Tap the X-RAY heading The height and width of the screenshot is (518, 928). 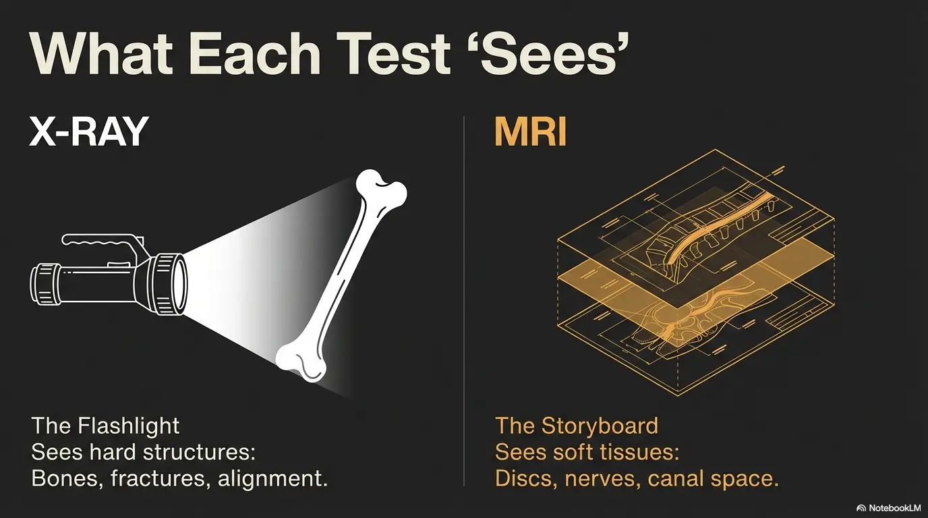(x=88, y=133)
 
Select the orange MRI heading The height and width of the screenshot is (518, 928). (x=530, y=133)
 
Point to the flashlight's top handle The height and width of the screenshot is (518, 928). (x=101, y=241)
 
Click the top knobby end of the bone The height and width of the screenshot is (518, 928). (x=380, y=188)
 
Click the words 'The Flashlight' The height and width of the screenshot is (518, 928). (x=106, y=426)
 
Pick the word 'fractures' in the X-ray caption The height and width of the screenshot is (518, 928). (x=157, y=479)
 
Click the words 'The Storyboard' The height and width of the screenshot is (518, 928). (x=577, y=426)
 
